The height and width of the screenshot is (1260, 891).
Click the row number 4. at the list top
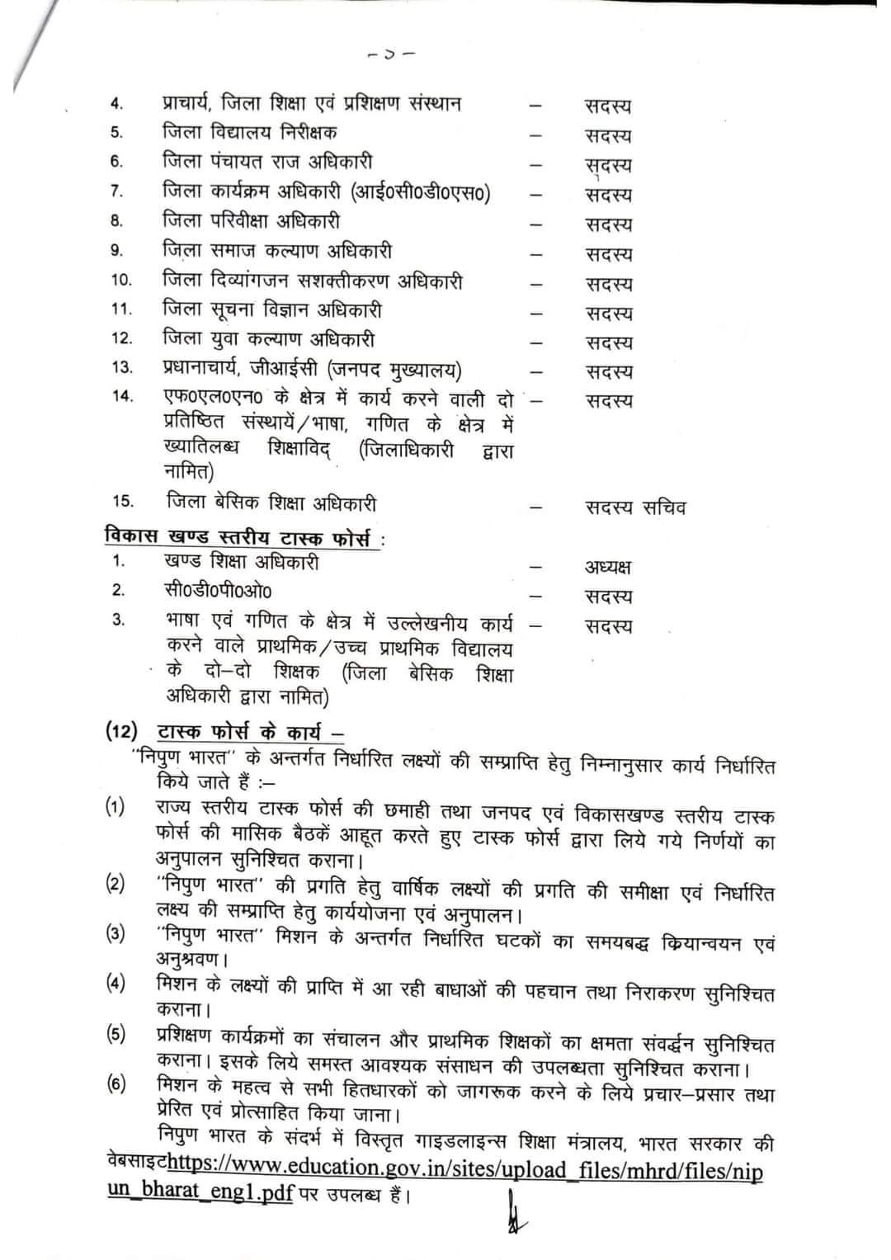[x=116, y=104]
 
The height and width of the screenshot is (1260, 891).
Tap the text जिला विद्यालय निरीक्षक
[x=249, y=132]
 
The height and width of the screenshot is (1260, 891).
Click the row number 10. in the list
[x=120, y=281]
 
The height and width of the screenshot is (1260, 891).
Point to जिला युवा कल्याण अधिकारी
[x=268, y=339]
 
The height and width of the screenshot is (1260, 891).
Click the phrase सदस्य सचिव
[x=635, y=507]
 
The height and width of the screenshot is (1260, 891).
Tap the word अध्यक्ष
[x=608, y=567]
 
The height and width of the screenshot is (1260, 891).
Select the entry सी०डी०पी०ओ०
[x=217, y=591]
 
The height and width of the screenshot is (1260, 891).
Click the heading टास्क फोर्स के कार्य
[x=249, y=732]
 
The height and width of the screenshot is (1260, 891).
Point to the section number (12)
[x=120, y=731]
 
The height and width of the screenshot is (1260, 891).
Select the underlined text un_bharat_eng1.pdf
[x=200, y=1194]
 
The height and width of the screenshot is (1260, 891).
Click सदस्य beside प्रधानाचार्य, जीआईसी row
[x=609, y=372]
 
